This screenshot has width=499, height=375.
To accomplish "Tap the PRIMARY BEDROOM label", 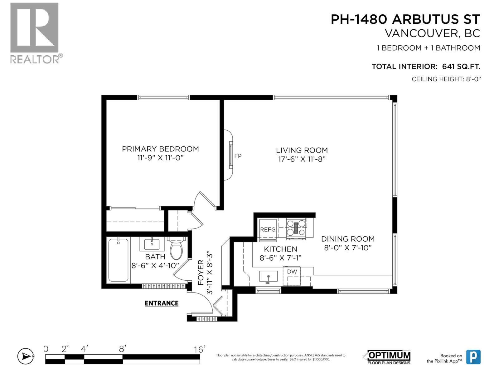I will pos(160,149).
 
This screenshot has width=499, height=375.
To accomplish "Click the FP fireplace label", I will pos(238,156).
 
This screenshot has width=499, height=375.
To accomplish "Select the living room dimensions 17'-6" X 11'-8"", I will pos(302,159).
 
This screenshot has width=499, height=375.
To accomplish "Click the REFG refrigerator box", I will pos(268,230).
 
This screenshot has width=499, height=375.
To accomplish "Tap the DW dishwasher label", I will pos(292,272).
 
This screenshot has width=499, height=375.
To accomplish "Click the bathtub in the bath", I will pos(118,260).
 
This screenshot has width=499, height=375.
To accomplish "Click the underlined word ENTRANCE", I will pos(162,303).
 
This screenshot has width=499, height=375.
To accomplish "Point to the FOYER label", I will pos(201,272).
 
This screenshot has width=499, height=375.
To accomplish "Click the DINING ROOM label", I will pos(348,239).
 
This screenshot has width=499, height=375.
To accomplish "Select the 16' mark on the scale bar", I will pos(198,349).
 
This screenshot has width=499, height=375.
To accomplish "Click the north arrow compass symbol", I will pos(26,356).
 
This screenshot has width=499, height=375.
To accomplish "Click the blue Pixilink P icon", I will pos(473,357).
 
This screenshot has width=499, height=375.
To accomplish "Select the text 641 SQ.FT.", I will pos(461,67).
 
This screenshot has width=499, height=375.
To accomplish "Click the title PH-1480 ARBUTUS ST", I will pos(405,20).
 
